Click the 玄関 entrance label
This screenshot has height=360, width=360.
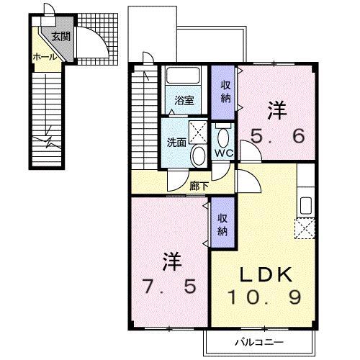(60, 37)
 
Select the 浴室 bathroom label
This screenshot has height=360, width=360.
(185, 101)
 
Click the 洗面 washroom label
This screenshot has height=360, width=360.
(177, 142)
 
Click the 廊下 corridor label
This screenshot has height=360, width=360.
(199, 185)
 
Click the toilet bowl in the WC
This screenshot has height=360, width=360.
(222, 137)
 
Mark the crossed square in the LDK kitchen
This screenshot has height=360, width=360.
(305, 228)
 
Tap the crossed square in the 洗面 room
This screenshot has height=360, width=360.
(199, 132)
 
